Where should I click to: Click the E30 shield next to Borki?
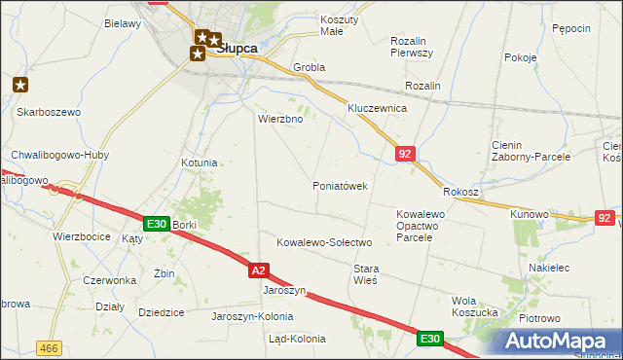157,224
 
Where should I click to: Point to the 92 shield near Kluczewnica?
406,154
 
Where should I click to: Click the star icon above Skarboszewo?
21,85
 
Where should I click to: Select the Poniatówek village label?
340,186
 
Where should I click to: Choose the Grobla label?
309,68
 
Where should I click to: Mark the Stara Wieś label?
365,273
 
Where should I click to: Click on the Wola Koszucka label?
477,306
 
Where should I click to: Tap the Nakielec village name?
548,268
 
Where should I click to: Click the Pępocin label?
570,29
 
